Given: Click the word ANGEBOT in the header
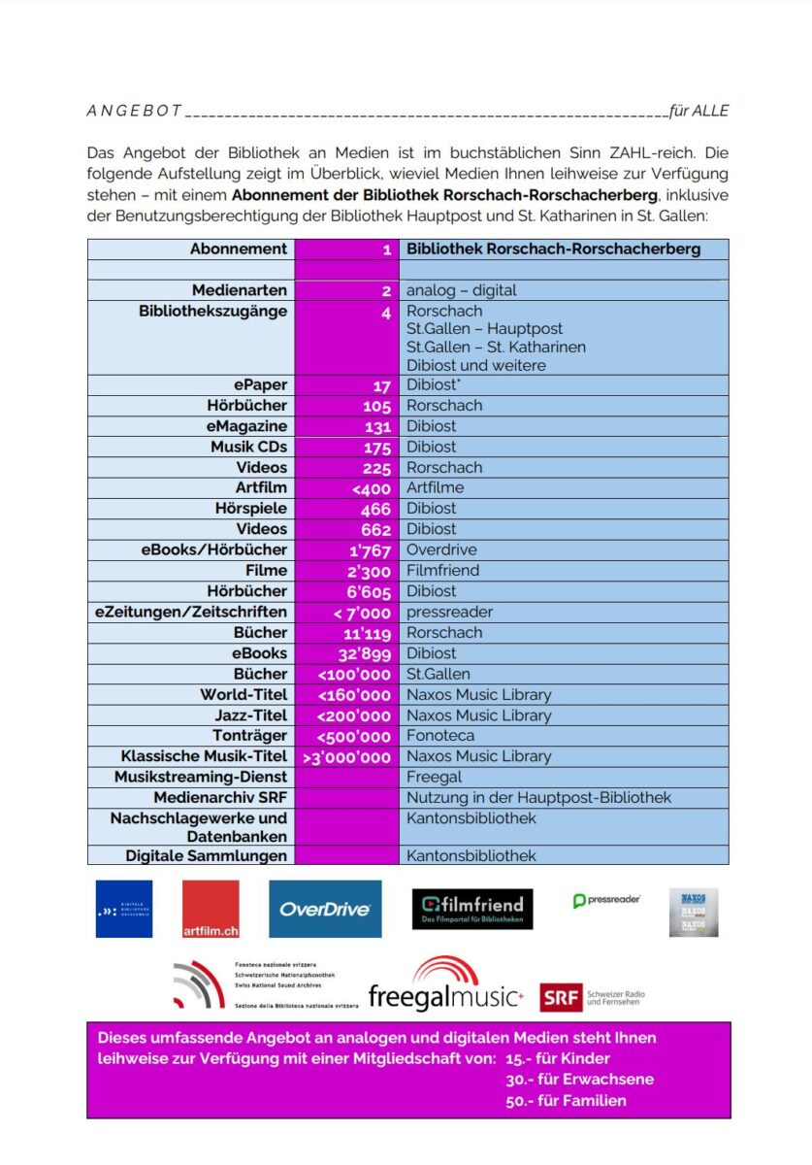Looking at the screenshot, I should click(134, 111).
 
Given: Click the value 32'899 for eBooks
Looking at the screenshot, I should click(365, 653).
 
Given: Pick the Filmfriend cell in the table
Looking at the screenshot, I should click(442, 570).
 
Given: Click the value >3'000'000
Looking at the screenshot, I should click(346, 757).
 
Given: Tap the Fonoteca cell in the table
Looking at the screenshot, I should click(440, 736).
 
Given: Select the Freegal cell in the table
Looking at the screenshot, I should click(434, 777).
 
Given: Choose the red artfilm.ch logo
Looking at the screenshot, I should click(211, 909).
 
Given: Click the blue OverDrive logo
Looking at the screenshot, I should click(325, 909).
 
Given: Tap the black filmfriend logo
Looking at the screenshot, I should click(472, 909).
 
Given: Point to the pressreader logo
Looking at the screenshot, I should click(606, 901).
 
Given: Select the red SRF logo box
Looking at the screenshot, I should click(561, 997).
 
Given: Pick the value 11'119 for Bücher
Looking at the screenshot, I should click(367, 633).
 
